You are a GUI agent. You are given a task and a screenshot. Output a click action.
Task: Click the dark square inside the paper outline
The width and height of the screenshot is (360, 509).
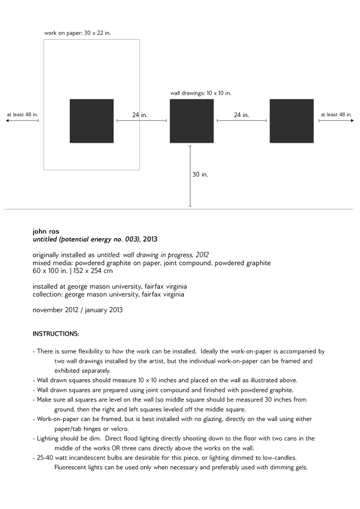[x=92, y=121]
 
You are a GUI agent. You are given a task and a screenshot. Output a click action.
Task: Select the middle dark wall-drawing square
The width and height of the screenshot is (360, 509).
[x=191, y=121]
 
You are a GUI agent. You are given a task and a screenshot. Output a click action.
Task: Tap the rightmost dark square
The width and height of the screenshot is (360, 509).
[x=291, y=121]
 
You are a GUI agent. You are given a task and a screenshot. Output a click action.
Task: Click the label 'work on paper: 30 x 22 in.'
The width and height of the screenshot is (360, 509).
[x=77, y=33]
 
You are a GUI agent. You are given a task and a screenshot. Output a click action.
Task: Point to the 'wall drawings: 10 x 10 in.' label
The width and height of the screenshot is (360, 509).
[x=201, y=93]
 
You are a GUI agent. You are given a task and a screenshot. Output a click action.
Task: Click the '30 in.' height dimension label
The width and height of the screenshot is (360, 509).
[x=200, y=175]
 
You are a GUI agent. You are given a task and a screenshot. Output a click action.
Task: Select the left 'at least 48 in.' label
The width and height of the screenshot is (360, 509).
[x=22, y=115]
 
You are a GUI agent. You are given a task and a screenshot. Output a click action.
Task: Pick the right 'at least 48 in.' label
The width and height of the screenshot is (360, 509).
[x=336, y=115]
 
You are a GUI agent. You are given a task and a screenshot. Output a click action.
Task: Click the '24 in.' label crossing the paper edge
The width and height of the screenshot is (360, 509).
[x=140, y=115]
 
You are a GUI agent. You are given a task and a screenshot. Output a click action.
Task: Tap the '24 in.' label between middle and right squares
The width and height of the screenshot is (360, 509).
[x=241, y=115]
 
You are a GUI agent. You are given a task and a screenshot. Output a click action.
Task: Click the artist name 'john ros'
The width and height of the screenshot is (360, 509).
[x=46, y=232]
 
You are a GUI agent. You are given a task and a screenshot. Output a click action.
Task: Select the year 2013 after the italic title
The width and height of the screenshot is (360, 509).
[x=150, y=239]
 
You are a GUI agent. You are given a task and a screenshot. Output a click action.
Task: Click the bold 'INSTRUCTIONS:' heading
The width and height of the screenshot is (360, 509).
[x=56, y=334]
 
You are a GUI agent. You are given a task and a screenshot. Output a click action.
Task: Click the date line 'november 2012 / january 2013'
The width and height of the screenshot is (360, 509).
[x=77, y=309]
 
